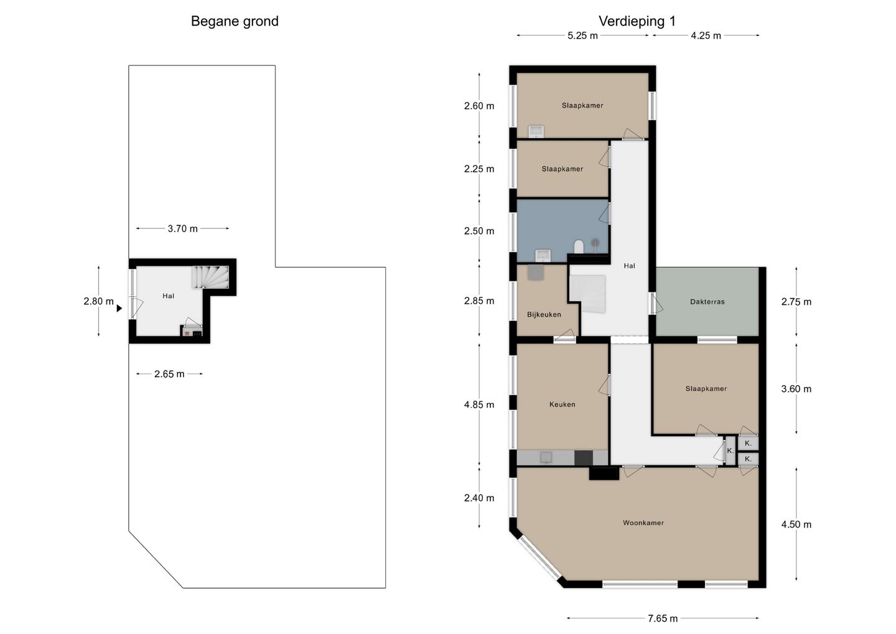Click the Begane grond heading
tap(235, 21)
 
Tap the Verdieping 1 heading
tap(637, 21)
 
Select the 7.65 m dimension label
tap(663, 618)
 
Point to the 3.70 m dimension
tap(182, 228)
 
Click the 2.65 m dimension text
tap(169, 374)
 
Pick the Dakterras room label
tap(707, 302)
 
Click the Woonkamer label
tap(643, 523)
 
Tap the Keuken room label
tap(562, 404)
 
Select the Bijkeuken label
tap(544, 314)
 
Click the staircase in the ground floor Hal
tap(210, 277)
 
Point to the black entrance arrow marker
tap(119, 309)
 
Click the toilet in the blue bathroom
tap(579, 246)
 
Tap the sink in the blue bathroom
tap(543, 255)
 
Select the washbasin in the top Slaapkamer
tap(536, 131)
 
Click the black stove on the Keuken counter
tap(583, 457)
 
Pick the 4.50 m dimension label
tap(796, 524)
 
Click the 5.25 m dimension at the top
tap(582, 35)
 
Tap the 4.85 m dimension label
tap(479, 404)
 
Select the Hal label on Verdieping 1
tap(629, 266)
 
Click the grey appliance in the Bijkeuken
tap(536, 272)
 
